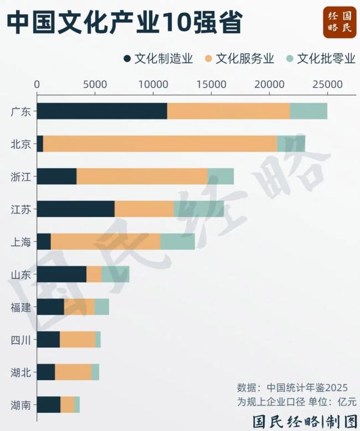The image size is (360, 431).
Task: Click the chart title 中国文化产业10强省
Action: click(x=125, y=23)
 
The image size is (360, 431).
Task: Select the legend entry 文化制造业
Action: click(x=158, y=59)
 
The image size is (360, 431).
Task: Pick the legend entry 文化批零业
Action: click(x=321, y=59)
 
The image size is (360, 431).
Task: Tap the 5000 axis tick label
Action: click(x=95, y=84)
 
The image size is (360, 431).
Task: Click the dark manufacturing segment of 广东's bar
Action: click(x=102, y=111)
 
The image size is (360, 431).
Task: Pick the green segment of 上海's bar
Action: click(x=177, y=241)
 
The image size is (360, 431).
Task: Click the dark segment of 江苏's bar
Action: click(x=75, y=209)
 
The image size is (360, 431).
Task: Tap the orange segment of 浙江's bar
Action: click(x=142, y=176)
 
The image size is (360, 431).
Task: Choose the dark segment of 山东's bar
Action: click(x=61, y=274)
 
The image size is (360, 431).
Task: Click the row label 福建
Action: click(x=21, y=307)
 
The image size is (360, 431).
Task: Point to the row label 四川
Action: click(x=21, y=340)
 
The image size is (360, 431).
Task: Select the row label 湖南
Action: click(x=21, y=405)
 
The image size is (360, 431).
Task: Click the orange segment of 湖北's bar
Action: click(x=73, y=372)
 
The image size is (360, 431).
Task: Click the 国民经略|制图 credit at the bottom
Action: click(x=304, y=421)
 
